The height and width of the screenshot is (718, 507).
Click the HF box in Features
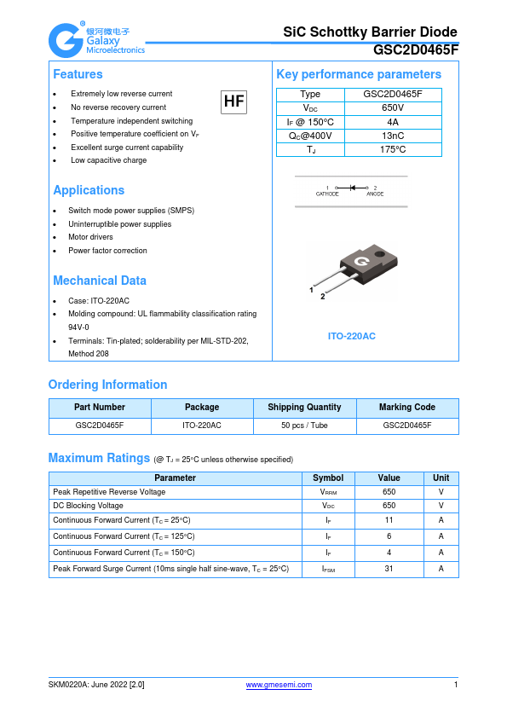233,102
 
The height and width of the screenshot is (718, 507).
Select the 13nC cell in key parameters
393,136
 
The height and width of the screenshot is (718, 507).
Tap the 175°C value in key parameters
393,149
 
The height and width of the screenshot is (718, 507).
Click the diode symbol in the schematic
352,187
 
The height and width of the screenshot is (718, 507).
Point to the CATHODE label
327,194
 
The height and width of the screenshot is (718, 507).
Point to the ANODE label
375,194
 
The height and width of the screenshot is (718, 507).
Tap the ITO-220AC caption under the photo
351,336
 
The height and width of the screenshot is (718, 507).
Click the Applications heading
89,190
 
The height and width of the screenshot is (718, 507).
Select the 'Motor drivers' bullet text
90,237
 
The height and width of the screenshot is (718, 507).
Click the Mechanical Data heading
100,281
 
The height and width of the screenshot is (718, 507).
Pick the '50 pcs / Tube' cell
304,425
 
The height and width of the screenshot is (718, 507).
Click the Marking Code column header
406,408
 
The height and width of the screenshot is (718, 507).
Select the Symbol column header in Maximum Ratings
328,478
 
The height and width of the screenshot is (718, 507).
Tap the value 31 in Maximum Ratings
389,569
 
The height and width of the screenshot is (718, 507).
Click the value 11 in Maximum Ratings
389,520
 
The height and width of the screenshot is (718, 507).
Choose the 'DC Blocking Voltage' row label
88,506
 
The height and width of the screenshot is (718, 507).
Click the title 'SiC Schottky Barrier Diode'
370,32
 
